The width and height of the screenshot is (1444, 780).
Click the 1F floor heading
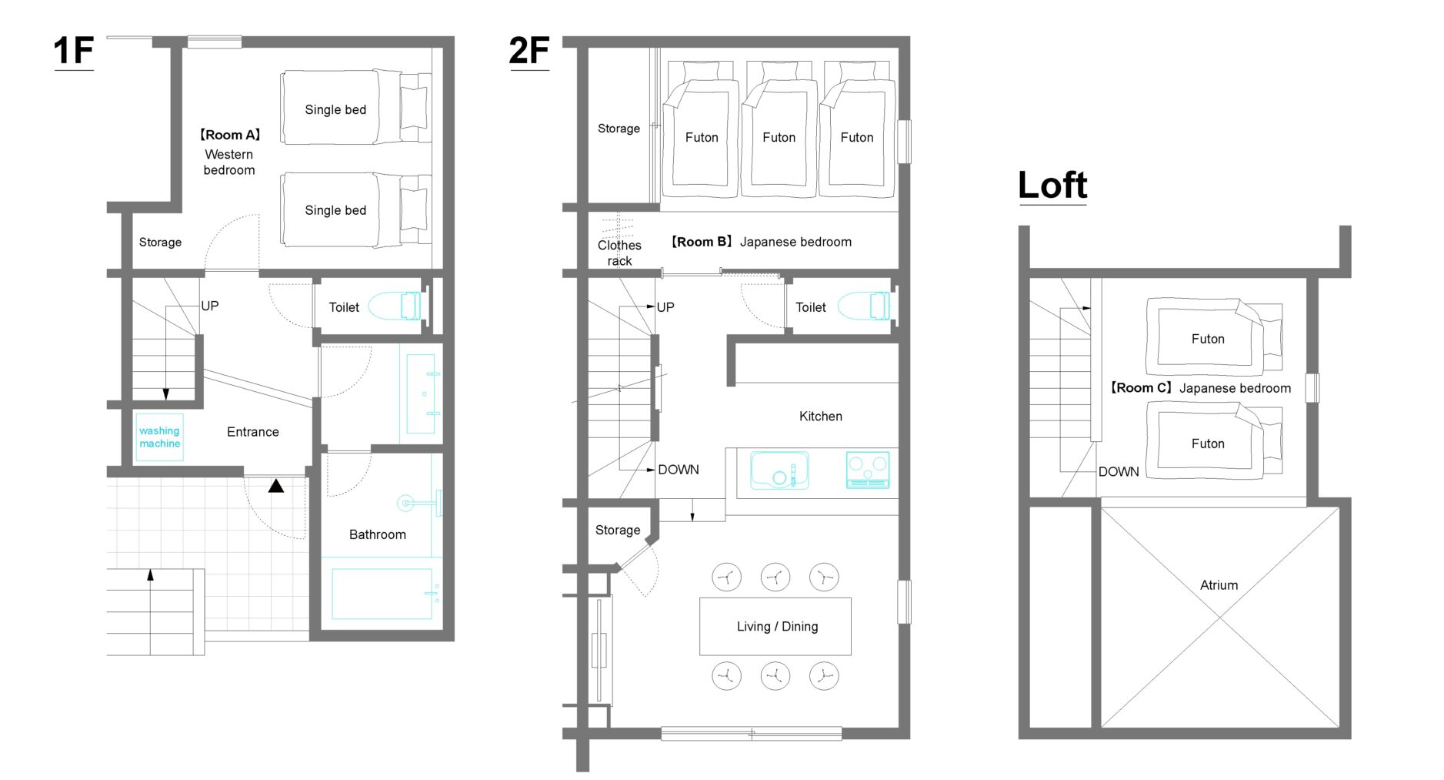pyautogui.click(x=73, y=51)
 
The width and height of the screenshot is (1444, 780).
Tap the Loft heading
pyautogui.click(x=1052, y=185)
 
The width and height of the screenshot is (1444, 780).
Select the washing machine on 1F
pyautogui.click(x=159, y=437)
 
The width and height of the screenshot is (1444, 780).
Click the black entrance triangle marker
pyautogui.click(x=276, y=486)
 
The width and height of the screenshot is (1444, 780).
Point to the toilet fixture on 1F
pyautogui.click(x=395, y=306)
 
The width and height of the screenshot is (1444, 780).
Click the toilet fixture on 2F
pyautogui.click(x=863, y=306)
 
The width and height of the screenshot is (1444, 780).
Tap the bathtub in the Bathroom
pyautogui.click(x=382, y=594)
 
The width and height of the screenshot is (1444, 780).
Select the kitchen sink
pyautogui.click(x=779, y=470)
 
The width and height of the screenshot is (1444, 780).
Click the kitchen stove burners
pyautogui.click(x=868, y=470)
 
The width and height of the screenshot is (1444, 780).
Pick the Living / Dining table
pyautogui.click(x=775, y=626)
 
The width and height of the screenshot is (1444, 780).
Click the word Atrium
pyautogui.click(x=1219, y=585)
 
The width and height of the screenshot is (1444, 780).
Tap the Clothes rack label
pyautogui.click(x=619, y=253)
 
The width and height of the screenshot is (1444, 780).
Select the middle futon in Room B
pyautogui.click(x=779, y=131)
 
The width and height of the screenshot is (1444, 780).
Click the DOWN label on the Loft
pyautogui.click(x=1119, y=471)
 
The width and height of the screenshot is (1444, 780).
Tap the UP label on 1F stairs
pyautogui.click(x=210, y=306)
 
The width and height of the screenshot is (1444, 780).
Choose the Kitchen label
pyautogui.click(x=821, y=416)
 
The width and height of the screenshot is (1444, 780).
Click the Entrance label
pyautogui.click(x=253, y=432)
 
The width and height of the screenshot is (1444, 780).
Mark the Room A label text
pyautogui.click(x=230, y=135)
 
